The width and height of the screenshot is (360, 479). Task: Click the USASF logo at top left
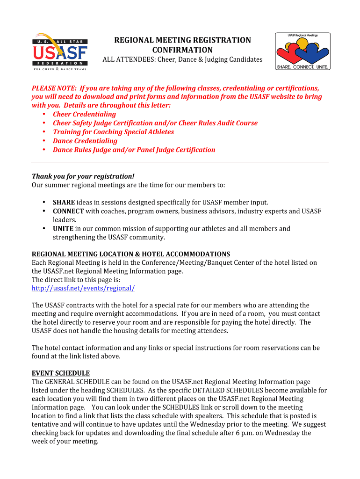[59, 51]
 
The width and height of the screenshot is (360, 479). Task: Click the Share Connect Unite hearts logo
[302, 51]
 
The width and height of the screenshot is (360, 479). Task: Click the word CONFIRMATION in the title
[182, 50]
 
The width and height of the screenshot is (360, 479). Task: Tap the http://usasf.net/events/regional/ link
[83, 288]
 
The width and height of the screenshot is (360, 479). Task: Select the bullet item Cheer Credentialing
[84, 114]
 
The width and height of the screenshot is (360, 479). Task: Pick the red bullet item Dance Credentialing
[85, 141]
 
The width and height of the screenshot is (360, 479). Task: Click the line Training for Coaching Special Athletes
[113, 132]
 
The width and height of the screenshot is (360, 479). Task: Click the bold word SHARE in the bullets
[64, 202]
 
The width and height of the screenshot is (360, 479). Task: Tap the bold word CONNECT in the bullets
[68, 211]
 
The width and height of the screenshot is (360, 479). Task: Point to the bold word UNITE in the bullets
[63, 229]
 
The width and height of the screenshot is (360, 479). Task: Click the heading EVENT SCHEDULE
[60, 373]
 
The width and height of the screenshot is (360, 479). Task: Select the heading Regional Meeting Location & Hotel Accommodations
[131, 254]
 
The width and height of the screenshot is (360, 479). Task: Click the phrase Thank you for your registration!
[83, 176]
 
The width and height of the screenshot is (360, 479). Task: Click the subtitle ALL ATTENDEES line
[182, 60]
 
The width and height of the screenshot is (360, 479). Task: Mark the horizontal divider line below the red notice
[180, 163]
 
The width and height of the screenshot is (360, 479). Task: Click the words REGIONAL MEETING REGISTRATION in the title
[182, 40]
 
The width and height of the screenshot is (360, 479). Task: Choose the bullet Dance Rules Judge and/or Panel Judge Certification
[134, 150]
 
